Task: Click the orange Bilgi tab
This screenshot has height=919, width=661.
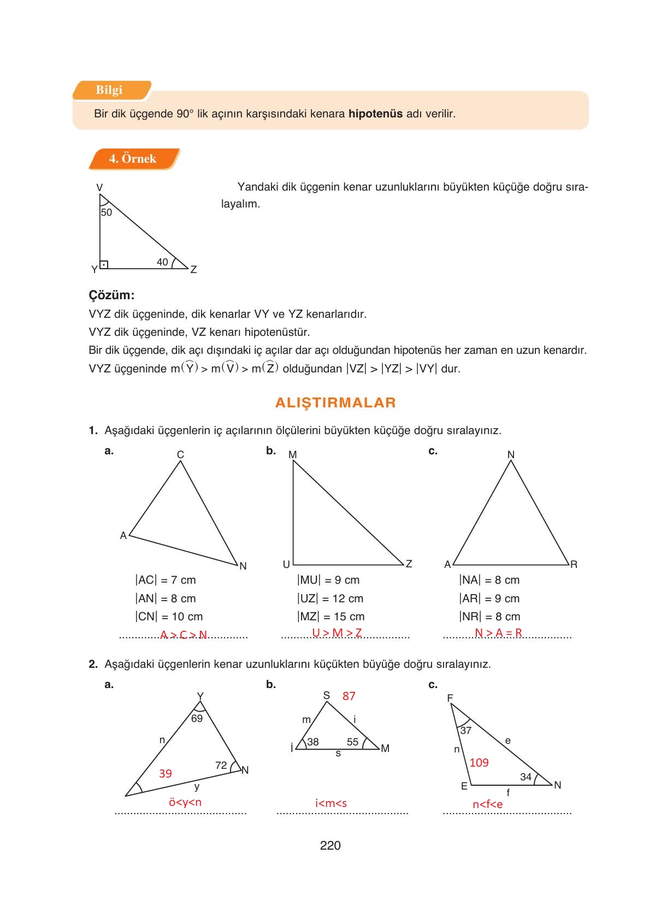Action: (109, 90)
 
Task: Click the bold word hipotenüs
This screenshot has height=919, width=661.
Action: (375, 114)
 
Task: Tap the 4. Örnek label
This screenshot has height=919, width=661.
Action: (132, 159)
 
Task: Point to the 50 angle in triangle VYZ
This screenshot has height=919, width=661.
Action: (106, 212)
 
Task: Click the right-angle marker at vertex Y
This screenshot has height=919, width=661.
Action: (104, 265)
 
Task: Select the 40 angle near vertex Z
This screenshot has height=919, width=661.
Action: (163, 262)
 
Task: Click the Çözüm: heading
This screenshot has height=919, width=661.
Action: (111, 295)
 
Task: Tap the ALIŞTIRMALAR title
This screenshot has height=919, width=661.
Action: (335, 403)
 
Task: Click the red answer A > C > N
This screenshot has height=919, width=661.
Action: (184, 635)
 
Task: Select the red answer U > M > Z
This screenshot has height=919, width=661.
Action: (337, 633)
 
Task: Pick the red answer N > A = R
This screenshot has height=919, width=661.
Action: (498, 633)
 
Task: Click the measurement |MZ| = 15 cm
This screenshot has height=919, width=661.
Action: (331, 616)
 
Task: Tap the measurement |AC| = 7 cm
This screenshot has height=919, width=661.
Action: (166, 580)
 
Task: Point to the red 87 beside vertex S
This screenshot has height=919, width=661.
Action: (349, 696)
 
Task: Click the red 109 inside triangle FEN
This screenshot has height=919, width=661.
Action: (479, 763)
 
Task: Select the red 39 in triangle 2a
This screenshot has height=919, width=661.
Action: (166, 774)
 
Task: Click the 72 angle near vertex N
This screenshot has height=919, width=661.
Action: (221, 766)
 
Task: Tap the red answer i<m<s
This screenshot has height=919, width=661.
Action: (331, 803)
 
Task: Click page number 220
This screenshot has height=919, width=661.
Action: (330, 846)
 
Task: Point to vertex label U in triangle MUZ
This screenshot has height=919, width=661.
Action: (286, 564)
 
